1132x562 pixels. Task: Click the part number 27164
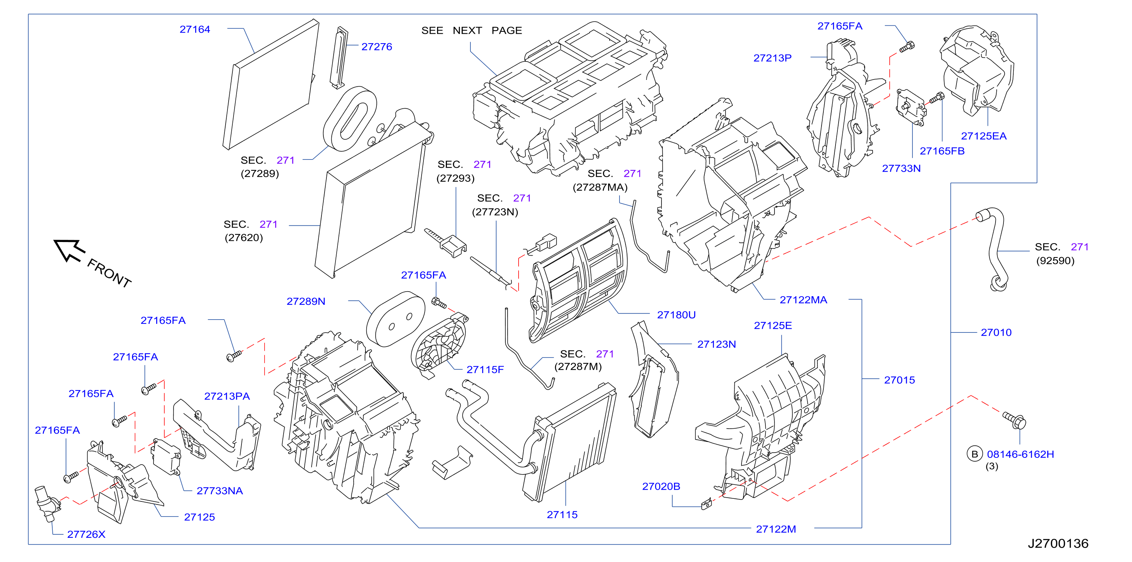tap(195, 30)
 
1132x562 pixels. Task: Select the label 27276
tap(376, 47)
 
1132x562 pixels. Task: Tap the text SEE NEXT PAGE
tap(472, 30)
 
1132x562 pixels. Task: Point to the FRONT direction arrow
tap(69, 250)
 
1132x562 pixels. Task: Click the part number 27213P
tap(773, 58)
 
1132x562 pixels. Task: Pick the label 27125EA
tap(983, 136)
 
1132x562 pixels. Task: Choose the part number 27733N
tap(901, 169)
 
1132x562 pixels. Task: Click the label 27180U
tap(676, 315)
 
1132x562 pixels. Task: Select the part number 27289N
tap(306, 301)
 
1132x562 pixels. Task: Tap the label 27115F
tap(485, 370)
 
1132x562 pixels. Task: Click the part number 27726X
tap(86, 534)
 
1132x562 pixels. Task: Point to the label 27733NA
tap(220, 491)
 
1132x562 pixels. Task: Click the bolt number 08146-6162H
tap(1021, 454)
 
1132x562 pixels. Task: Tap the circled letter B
tap(975, 454)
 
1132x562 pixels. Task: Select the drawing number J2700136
tap(1058, 543)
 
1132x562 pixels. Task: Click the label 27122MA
tap(803, 300)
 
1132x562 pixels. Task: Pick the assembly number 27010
tap(996, 333)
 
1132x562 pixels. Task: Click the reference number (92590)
tap(1055, 261)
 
